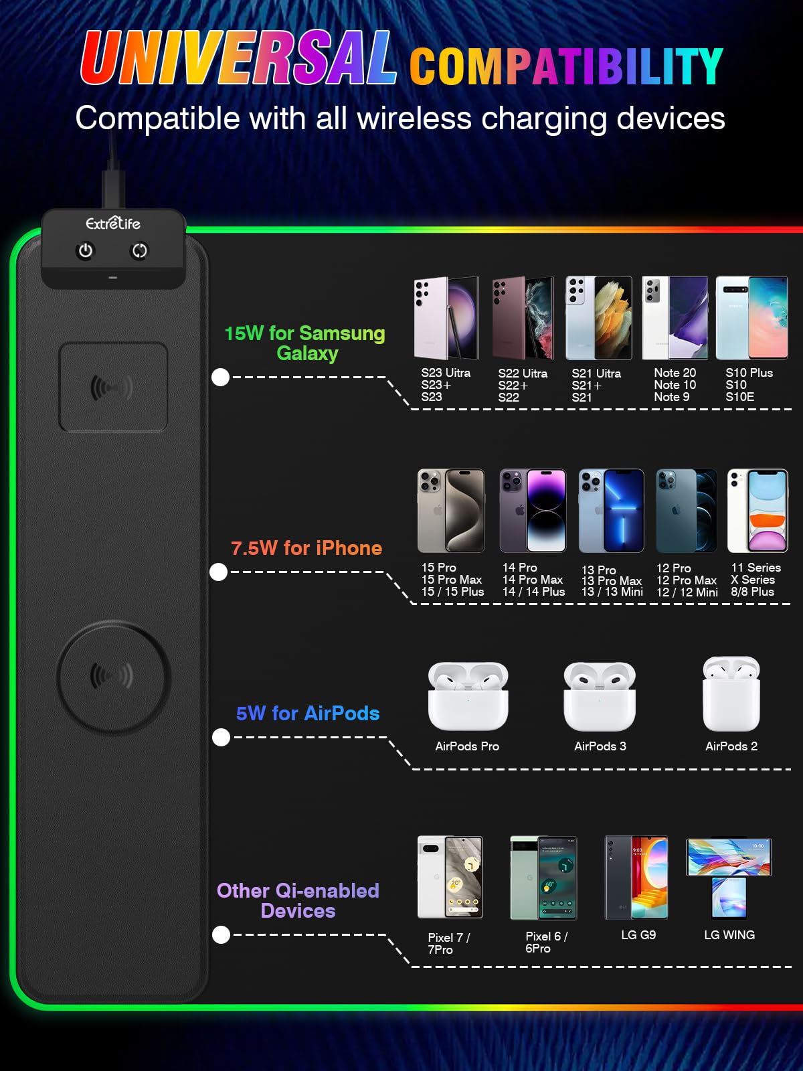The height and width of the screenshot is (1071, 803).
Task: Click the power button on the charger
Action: click(x=86, y=251)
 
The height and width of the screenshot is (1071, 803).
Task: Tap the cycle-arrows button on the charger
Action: click(x=139, y=251)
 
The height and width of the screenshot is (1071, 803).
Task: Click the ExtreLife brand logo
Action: click(x=113, y=223)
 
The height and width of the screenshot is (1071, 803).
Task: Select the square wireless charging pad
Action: click(x=113, y=387)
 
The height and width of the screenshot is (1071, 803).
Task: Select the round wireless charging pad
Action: click(x=113, y=676)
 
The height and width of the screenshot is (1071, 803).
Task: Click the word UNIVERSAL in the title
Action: click(x=238, y=58)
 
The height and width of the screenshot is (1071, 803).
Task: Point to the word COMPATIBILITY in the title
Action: click(x=566, y=66)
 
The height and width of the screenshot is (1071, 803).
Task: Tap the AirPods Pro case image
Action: click(x=468, y=695)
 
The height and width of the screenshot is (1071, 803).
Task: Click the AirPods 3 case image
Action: click(x=600, y=696)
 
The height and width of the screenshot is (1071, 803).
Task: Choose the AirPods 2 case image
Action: click(x=731, y=693)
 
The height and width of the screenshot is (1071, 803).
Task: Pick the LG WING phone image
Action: click(x=729, y=878)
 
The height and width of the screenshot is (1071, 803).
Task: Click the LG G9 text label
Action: click(x=638, y=935)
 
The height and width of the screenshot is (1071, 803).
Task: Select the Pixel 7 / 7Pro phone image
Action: click(x=450, y=878)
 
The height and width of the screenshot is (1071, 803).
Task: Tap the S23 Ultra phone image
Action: click(x=446, y=318)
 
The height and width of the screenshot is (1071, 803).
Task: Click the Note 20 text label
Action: click(x=675, y=373)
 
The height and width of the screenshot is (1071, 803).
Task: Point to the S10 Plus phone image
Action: click(x=751, y=318)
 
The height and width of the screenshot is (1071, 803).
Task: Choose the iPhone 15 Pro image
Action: click(x=451, y=510)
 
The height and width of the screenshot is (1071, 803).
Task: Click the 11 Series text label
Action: click(x=755, y=568)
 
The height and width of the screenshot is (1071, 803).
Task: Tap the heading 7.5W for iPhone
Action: click(x=306, y=548)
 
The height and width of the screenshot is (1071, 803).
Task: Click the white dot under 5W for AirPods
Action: click(x=221, y=737)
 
